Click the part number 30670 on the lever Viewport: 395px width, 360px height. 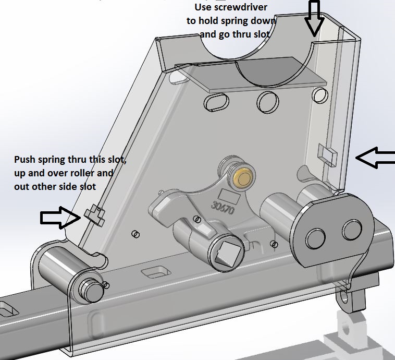(221, 209)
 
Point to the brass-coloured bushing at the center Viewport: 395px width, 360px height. (243, 178)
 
